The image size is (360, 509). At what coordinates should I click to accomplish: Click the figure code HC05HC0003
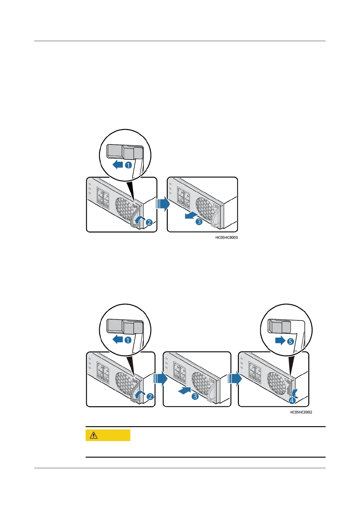(226, 238)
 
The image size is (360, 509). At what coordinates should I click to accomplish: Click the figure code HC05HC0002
(301, 412)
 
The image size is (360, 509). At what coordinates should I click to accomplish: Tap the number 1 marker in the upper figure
(128, 165)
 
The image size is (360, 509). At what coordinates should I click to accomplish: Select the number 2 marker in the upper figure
(149, 222)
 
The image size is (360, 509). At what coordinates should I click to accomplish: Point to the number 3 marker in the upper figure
(199, 222)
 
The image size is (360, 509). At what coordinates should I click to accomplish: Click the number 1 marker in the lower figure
(128, 340)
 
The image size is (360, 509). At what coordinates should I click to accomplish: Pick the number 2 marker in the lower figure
(150, 397)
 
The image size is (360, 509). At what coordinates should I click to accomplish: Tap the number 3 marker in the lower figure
(195, 396)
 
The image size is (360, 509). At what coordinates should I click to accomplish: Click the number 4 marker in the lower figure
(292, 401)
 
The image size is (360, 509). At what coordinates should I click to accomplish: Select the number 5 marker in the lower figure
(290, 341)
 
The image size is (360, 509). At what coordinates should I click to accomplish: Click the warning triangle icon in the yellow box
(94, 435)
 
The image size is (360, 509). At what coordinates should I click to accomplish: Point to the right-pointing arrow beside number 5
(280, 341)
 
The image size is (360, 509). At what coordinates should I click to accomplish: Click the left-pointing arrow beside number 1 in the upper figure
(118, 165)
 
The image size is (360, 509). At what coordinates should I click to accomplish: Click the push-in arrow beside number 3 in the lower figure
(184, 391)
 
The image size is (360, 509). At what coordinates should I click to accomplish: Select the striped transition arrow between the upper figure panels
(162, 204)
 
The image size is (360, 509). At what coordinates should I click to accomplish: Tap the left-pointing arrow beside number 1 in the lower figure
(117, 340)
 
